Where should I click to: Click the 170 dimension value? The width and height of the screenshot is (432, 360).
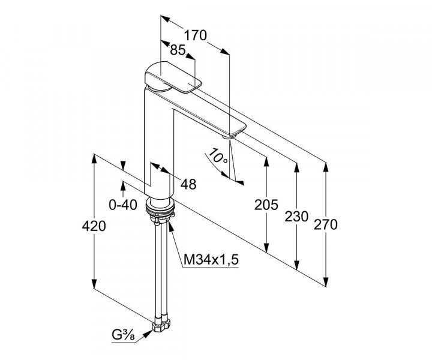(196, 35)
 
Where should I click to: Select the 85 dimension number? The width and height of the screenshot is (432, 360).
(178, 50)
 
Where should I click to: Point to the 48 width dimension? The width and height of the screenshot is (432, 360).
(188, 184)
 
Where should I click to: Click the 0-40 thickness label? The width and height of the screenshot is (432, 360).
(123, 205)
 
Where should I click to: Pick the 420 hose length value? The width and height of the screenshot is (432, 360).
(94, 226)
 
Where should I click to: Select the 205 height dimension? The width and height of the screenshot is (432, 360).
(266, 205)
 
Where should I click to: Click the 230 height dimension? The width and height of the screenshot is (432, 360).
(296, 217)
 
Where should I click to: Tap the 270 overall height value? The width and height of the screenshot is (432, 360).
(326, 225)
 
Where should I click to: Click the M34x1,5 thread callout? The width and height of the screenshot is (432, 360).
(211, 259)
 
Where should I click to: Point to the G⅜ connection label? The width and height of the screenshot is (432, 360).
(124, 335)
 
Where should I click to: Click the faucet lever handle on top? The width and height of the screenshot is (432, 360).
(173, 76)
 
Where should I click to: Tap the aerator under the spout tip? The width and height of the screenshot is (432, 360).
(229, 136)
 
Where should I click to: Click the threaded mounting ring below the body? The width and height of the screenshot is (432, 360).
(161, 209)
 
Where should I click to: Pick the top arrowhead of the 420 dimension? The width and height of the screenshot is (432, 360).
(94, 159)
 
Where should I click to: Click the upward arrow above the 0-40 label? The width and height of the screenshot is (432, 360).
(123, 185)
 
